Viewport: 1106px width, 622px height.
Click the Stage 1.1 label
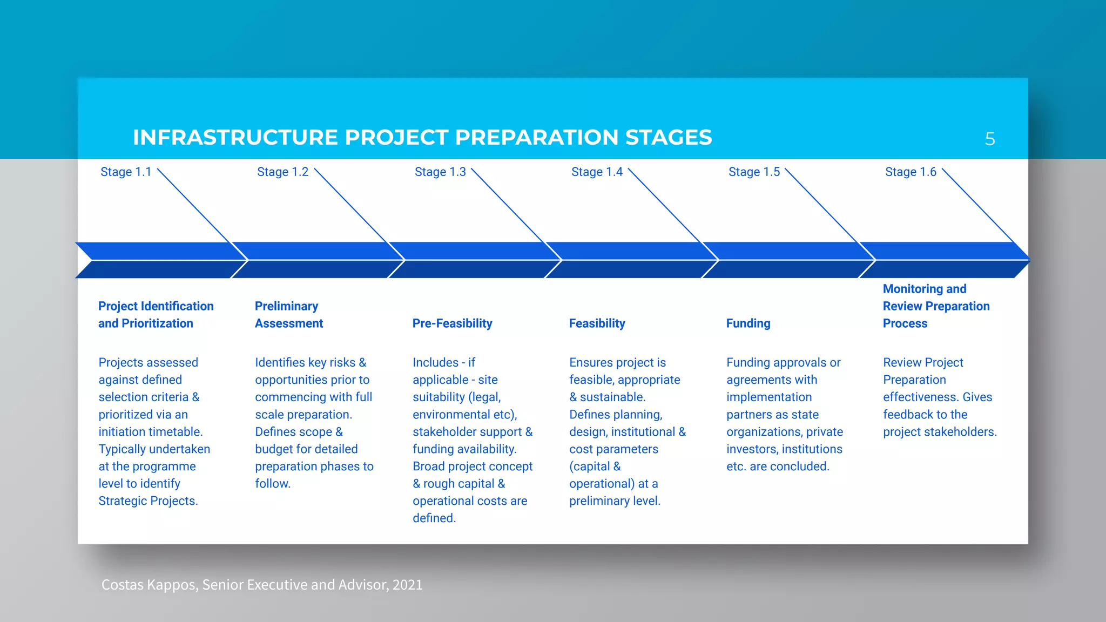pos(126,172)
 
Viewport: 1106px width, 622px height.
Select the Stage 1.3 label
pos(440,172)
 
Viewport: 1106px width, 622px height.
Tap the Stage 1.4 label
pos(597,172)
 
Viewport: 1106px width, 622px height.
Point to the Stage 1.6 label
pos(911,172)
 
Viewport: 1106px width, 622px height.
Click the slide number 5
pos(989,139)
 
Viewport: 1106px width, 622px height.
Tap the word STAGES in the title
pos(669,138)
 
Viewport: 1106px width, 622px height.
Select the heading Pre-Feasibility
pos(452,323)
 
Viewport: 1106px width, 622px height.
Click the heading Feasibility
pos(597,323)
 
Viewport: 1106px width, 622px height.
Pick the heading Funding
pos(748,323)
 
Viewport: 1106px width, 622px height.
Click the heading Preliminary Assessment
pos(288,315)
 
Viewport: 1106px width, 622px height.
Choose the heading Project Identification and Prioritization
pos(156,315)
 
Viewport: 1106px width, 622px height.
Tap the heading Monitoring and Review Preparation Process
pos(936,306)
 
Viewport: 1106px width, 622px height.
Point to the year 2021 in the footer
pos(407,585)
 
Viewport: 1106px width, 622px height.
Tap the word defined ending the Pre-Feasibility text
pos(433,518)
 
